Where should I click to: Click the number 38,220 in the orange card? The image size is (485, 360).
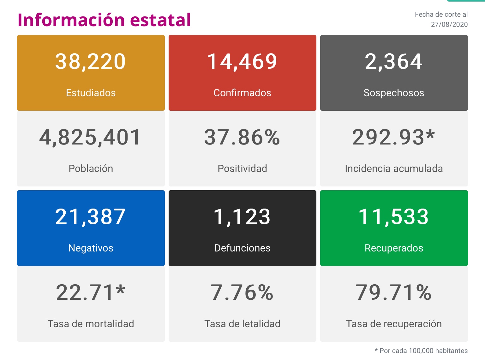pos(91,62)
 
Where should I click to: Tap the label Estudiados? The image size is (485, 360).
pos(91,93)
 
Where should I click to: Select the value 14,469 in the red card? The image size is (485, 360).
pos(242,62)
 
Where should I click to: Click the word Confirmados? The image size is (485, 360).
pos(242,93)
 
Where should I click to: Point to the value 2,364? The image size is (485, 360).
pos(394,62)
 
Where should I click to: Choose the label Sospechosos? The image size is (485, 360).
pos(394,93)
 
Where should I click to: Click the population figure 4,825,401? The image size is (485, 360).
pos(90,138)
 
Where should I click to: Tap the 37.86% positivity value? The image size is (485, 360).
pos(242,138)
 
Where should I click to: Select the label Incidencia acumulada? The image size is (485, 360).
pos(394,168)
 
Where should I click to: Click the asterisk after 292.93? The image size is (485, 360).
pos(430,135)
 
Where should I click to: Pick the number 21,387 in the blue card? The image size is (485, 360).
pos(91,217)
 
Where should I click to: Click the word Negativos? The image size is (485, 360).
pos(91,248)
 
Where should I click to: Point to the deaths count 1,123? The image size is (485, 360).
pos(242,217)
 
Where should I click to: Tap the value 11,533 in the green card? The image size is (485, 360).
pos(394,217)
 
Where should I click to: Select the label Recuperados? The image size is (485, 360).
pos(394,248)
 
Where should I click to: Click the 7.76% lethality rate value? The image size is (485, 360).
pos(242,292)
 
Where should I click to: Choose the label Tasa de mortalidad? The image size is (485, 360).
pos(91,324)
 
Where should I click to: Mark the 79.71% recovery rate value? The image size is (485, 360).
pos(394,292)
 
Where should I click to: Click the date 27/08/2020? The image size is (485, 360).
pos(449,25)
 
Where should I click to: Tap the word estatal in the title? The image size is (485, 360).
pos(160,20)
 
